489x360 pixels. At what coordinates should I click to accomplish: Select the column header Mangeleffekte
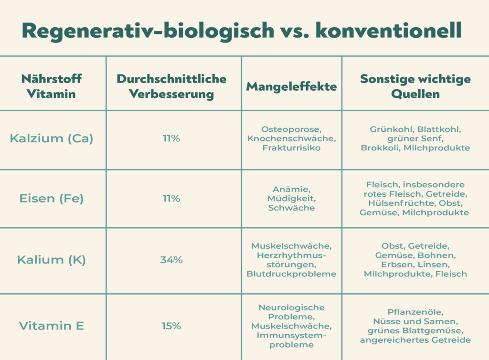pyautogui.click(x=291, y=86)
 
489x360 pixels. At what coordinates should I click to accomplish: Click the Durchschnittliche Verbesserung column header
pyautogui.click(x=171, y=86)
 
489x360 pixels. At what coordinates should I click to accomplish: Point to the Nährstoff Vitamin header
pyautogui.click(x=51, y=86)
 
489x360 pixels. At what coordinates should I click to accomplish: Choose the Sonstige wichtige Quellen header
pyautogui.click(x=415, y=86)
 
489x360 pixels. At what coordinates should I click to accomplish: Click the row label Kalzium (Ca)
pyautogui.click(x=51, y=138)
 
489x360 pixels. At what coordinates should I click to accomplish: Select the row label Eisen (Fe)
pyautogui.click(x=51, y=199)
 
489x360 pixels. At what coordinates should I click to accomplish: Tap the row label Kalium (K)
pyautogui.click(x=51, y=260)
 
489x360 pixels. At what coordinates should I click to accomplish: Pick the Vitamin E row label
pyautogui.click(x=51, y=326)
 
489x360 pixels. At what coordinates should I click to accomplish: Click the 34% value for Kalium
pyautogui.click(x=171, y=260)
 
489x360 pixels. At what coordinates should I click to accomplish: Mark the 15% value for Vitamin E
pyautogui.click(x=171, y=326)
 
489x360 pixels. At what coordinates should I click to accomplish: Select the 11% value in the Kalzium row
pyautogui.click(x=171, y=138)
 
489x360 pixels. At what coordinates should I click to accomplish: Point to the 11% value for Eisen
pyautogui.click(x=171, y=199)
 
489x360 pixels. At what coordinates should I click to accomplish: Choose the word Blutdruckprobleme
pyautogui.click(x=291, y=274)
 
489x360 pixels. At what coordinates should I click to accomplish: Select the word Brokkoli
pyautogui.click(x=381, y=148)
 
